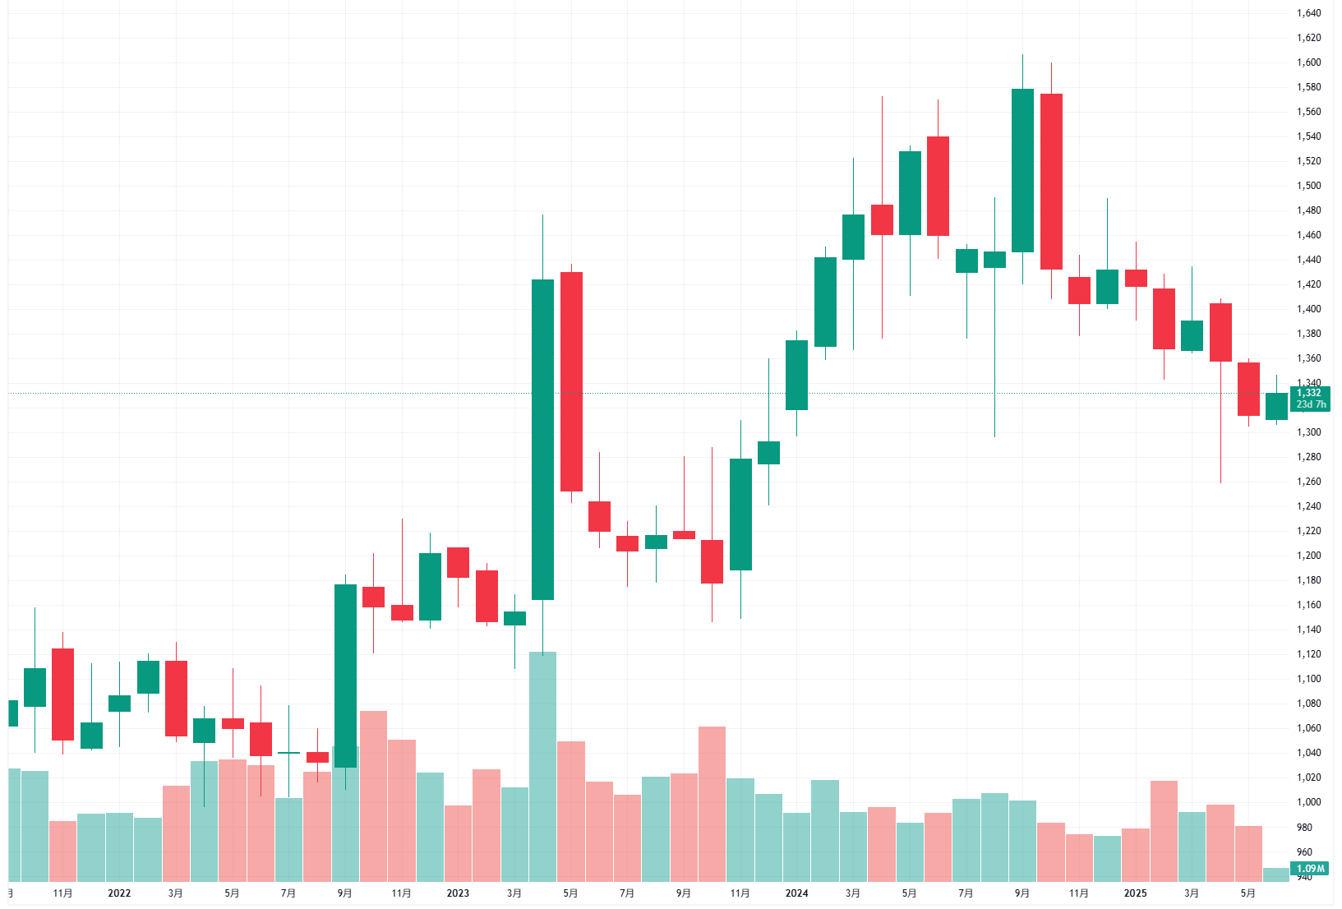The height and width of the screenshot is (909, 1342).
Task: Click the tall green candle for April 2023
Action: point(542,440)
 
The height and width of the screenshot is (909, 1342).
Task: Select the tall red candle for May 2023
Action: point(571,381)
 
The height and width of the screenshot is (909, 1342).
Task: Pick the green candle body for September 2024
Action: point(1022,170)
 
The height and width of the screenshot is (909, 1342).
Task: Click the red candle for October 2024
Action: point(1051,182)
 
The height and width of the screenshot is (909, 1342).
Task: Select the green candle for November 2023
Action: point(740,514)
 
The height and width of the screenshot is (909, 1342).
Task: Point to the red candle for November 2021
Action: point(62,694)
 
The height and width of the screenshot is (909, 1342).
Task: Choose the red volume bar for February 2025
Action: point(1164,830)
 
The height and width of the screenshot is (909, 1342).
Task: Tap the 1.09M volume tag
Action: point(1310,869)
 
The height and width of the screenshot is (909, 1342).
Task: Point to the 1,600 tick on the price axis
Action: point(1309,62)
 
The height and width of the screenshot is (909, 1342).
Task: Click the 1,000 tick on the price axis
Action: point(1309,802)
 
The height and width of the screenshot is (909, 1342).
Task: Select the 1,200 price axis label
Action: point(1309,556)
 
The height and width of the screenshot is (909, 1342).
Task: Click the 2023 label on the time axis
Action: point(458,893)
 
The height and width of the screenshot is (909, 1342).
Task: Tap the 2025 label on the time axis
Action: point(1135,893)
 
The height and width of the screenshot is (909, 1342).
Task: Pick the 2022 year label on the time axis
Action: point(119,893)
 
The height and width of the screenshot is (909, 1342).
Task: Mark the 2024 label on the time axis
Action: point(796,893)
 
